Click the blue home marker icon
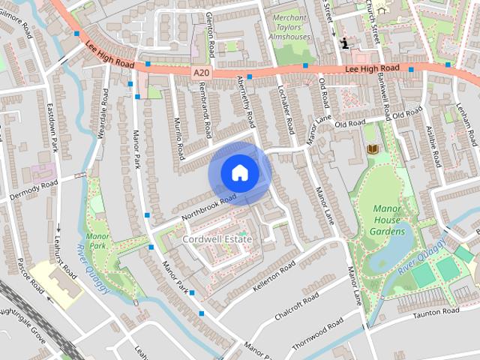tap(239, 172)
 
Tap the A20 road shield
tap(199, 72)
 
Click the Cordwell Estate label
tap(217, 238)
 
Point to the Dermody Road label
tap(33, 190)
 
